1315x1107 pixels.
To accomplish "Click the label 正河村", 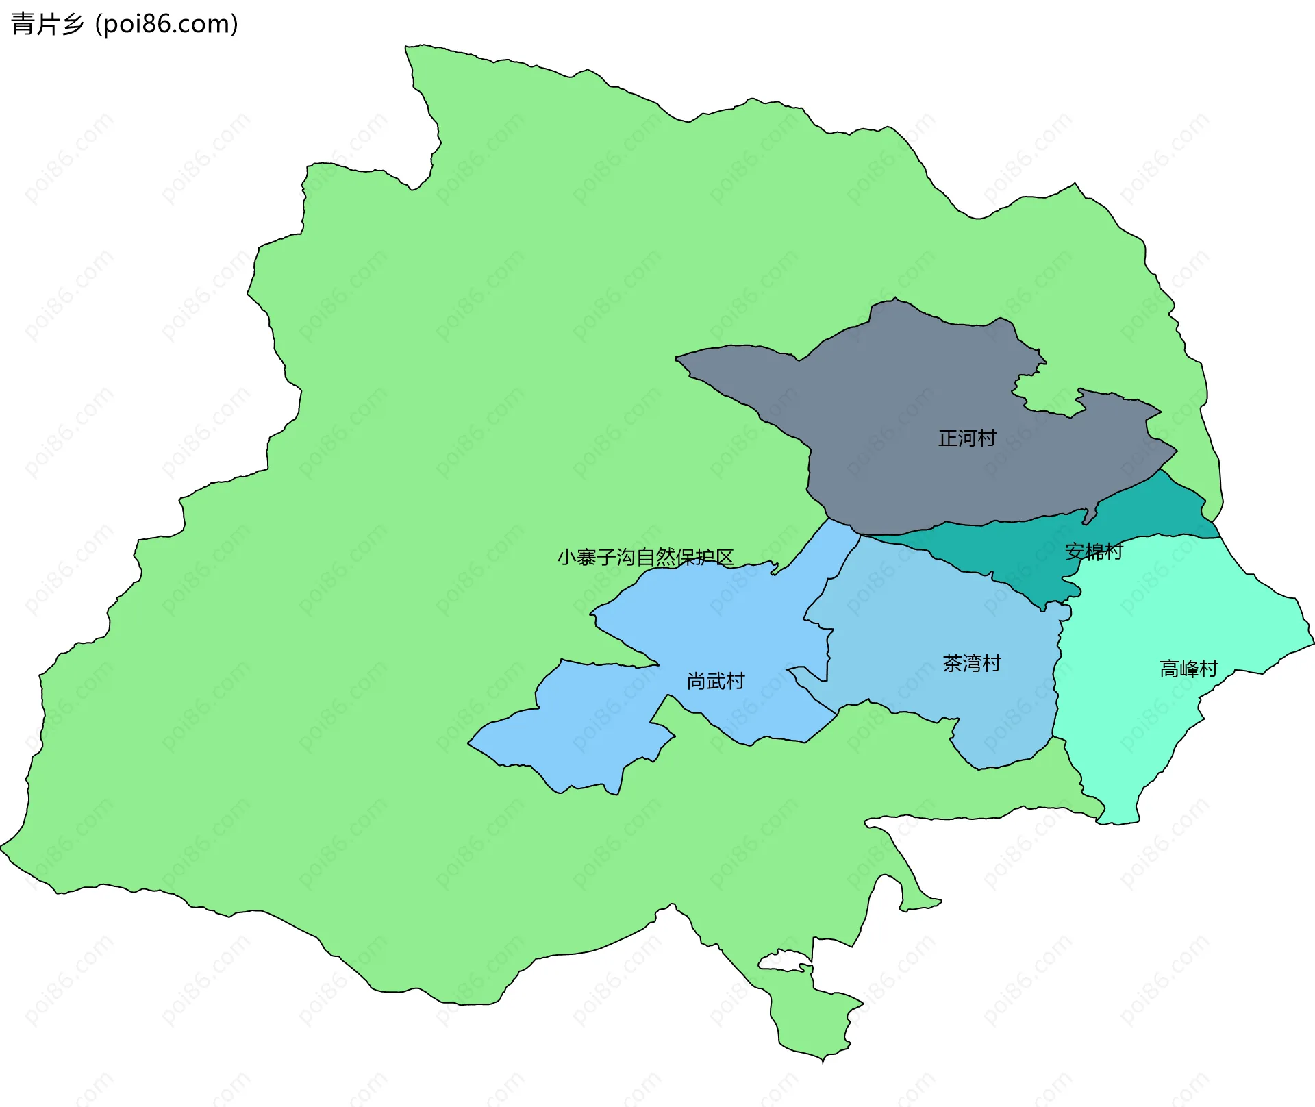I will [x=966, y=438].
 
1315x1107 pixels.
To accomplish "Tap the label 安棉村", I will [x=1094, y=551].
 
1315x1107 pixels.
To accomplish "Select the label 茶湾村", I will [x=971, y=663].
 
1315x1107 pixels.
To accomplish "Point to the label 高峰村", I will [x=1188, y=669].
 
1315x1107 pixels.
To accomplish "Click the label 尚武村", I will [x=715, y=681].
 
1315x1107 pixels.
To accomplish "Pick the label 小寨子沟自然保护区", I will [x=645, y=557].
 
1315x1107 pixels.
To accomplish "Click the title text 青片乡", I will [x=47, y=24].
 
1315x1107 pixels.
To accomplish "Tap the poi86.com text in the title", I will [x=166, y=24].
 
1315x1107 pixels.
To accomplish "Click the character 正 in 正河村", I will [x=947, y=438].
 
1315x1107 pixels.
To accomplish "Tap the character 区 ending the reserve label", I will [x=725, y=557].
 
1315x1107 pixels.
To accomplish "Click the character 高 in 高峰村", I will [x=1169, y=669].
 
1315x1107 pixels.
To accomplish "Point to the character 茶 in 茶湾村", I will [x=952, y=663].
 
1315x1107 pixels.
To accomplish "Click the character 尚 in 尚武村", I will [x=696, y=681].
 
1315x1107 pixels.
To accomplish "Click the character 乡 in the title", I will [x=73, y=24].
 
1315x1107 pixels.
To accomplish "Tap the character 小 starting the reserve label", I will [x=566, y=557].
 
